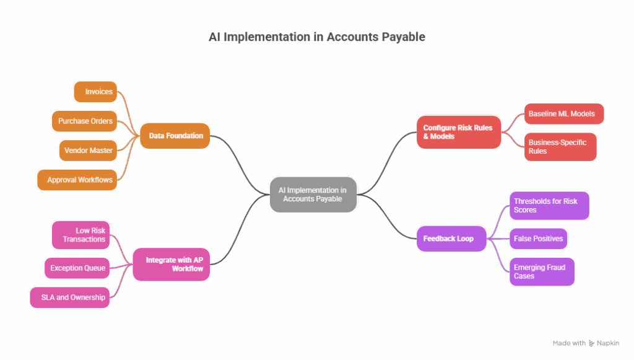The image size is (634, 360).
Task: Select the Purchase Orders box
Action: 85,121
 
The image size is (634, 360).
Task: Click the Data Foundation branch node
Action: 175,135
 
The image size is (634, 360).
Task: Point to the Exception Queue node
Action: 78,268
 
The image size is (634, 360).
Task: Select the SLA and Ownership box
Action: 72,297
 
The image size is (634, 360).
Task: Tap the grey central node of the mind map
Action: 313,195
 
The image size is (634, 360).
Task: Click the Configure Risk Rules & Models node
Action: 458,132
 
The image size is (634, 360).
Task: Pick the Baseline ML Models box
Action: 563,114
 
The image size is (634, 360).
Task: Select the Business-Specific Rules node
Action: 560,147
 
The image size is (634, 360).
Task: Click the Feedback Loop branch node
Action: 452,239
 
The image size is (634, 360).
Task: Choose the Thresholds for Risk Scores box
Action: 548,206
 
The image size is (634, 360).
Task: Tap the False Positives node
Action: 538,239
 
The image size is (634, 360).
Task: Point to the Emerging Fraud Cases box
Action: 542,272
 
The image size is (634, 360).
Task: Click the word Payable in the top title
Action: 401,37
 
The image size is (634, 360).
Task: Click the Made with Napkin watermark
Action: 585,343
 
